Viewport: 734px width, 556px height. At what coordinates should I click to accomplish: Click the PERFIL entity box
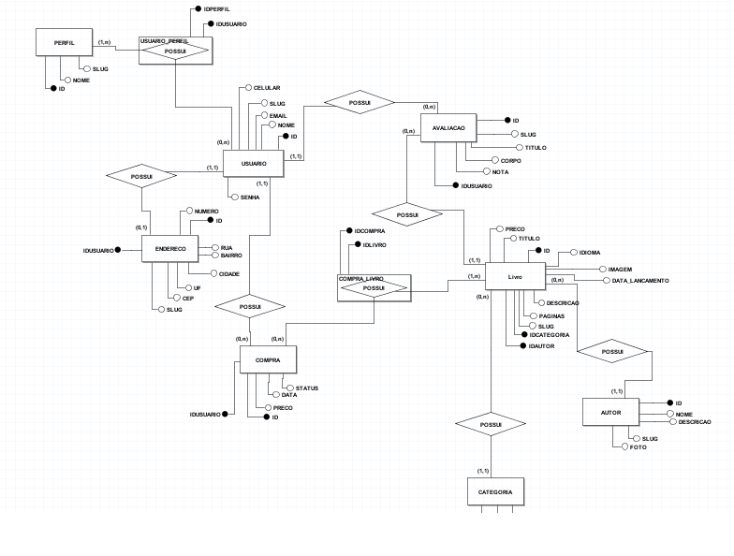click(64, 43)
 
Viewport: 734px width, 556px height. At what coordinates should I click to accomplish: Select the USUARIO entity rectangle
click(254, 164)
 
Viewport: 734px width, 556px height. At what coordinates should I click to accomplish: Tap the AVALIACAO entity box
click(448, 127)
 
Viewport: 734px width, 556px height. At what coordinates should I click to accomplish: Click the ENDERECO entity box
click(170, 249)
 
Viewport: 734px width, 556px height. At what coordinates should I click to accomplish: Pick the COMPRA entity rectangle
click(268, 359)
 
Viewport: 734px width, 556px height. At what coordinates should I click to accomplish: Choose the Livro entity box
click(515, 277)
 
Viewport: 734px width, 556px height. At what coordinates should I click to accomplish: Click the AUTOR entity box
click(610, 412)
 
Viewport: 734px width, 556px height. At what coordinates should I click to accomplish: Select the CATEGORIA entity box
click(496, 492)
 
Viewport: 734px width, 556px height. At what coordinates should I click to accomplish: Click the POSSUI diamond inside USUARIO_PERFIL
click(176, 51)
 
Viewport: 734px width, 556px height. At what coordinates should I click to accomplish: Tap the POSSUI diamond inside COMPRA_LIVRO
click(374, 288)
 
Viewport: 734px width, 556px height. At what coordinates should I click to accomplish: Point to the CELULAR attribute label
click(267, 88)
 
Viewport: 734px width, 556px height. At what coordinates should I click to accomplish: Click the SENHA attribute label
click(250, 198)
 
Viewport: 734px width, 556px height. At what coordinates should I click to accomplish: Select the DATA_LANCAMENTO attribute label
click(640, 281)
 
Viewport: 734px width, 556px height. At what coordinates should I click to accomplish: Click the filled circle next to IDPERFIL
click(198, 9)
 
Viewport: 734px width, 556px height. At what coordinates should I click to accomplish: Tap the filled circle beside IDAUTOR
click(523, 346)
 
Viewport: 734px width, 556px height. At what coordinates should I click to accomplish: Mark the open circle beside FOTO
click(625, 447)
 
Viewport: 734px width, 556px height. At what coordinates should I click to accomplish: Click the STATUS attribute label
click(307, 388)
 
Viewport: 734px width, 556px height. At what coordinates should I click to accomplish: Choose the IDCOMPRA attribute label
click(370, 231)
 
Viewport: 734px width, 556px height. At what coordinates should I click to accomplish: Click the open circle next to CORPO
click(495, 161)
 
